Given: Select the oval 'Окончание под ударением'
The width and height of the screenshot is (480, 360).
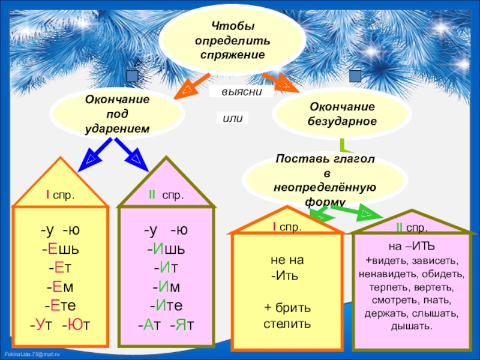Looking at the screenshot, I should [x=118, y=113].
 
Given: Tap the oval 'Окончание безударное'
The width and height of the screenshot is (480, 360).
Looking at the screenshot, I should [x=342, y=113].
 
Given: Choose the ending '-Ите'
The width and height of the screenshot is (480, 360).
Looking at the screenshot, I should [x=166, y=305].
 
